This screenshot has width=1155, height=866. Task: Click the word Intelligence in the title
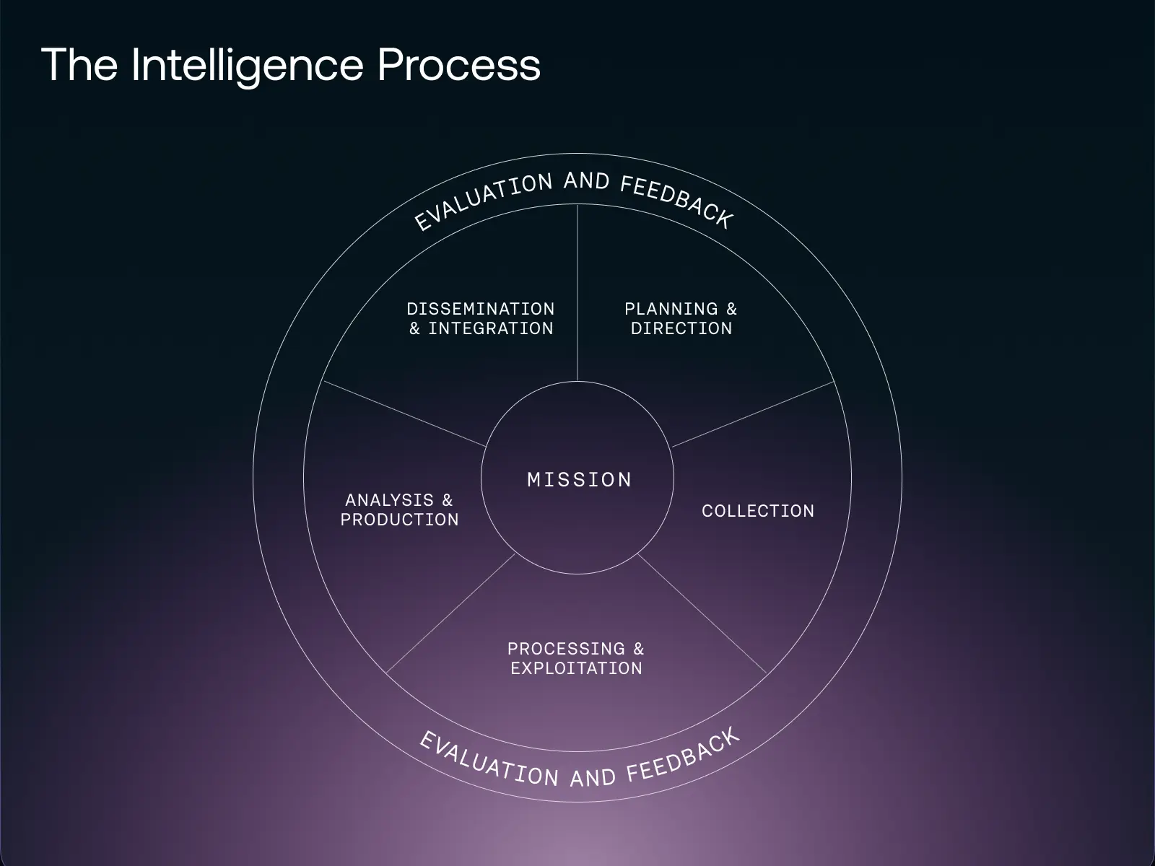pos(248,65)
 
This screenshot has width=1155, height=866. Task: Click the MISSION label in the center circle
pos(579,479)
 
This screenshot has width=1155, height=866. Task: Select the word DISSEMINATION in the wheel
pos(481,309)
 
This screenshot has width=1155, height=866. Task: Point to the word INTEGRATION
pos(491,328)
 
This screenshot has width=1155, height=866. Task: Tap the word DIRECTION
pos(681,328)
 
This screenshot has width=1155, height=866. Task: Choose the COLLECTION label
pos(758,511)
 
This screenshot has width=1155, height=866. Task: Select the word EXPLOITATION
pos(576,668)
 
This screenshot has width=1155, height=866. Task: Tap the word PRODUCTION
pos(399,520)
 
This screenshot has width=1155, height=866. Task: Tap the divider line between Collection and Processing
pos(702,614)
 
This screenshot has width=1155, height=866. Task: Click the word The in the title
pos(79,65)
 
